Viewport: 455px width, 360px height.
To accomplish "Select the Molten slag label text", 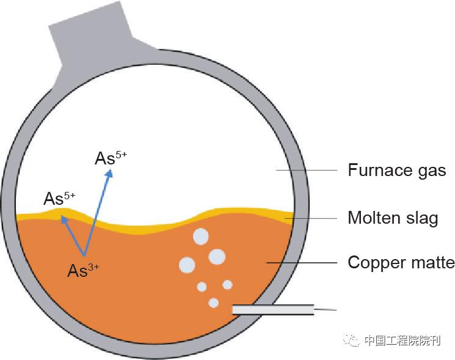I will [x=393, y=217].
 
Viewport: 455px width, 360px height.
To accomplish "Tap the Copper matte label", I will [x=401, y=263].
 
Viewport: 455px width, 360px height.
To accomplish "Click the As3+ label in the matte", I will [x=83, y=271].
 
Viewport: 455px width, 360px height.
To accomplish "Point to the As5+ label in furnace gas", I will [x=111, y=158].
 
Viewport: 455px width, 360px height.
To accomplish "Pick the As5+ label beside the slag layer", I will [x=59, y=198].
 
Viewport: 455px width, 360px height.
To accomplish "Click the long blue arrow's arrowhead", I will [x=110, y=174].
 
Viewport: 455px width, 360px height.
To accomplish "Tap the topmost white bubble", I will [x=200, y=236].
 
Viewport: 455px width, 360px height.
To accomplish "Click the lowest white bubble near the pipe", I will [x=213, y=302].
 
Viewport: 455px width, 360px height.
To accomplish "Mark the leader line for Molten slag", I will [x=311, y=218].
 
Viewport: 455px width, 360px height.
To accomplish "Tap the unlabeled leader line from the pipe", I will [x=326, y=310].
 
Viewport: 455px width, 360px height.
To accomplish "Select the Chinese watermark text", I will [x=401, y=341].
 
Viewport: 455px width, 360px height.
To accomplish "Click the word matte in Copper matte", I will [x=432, y=263].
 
